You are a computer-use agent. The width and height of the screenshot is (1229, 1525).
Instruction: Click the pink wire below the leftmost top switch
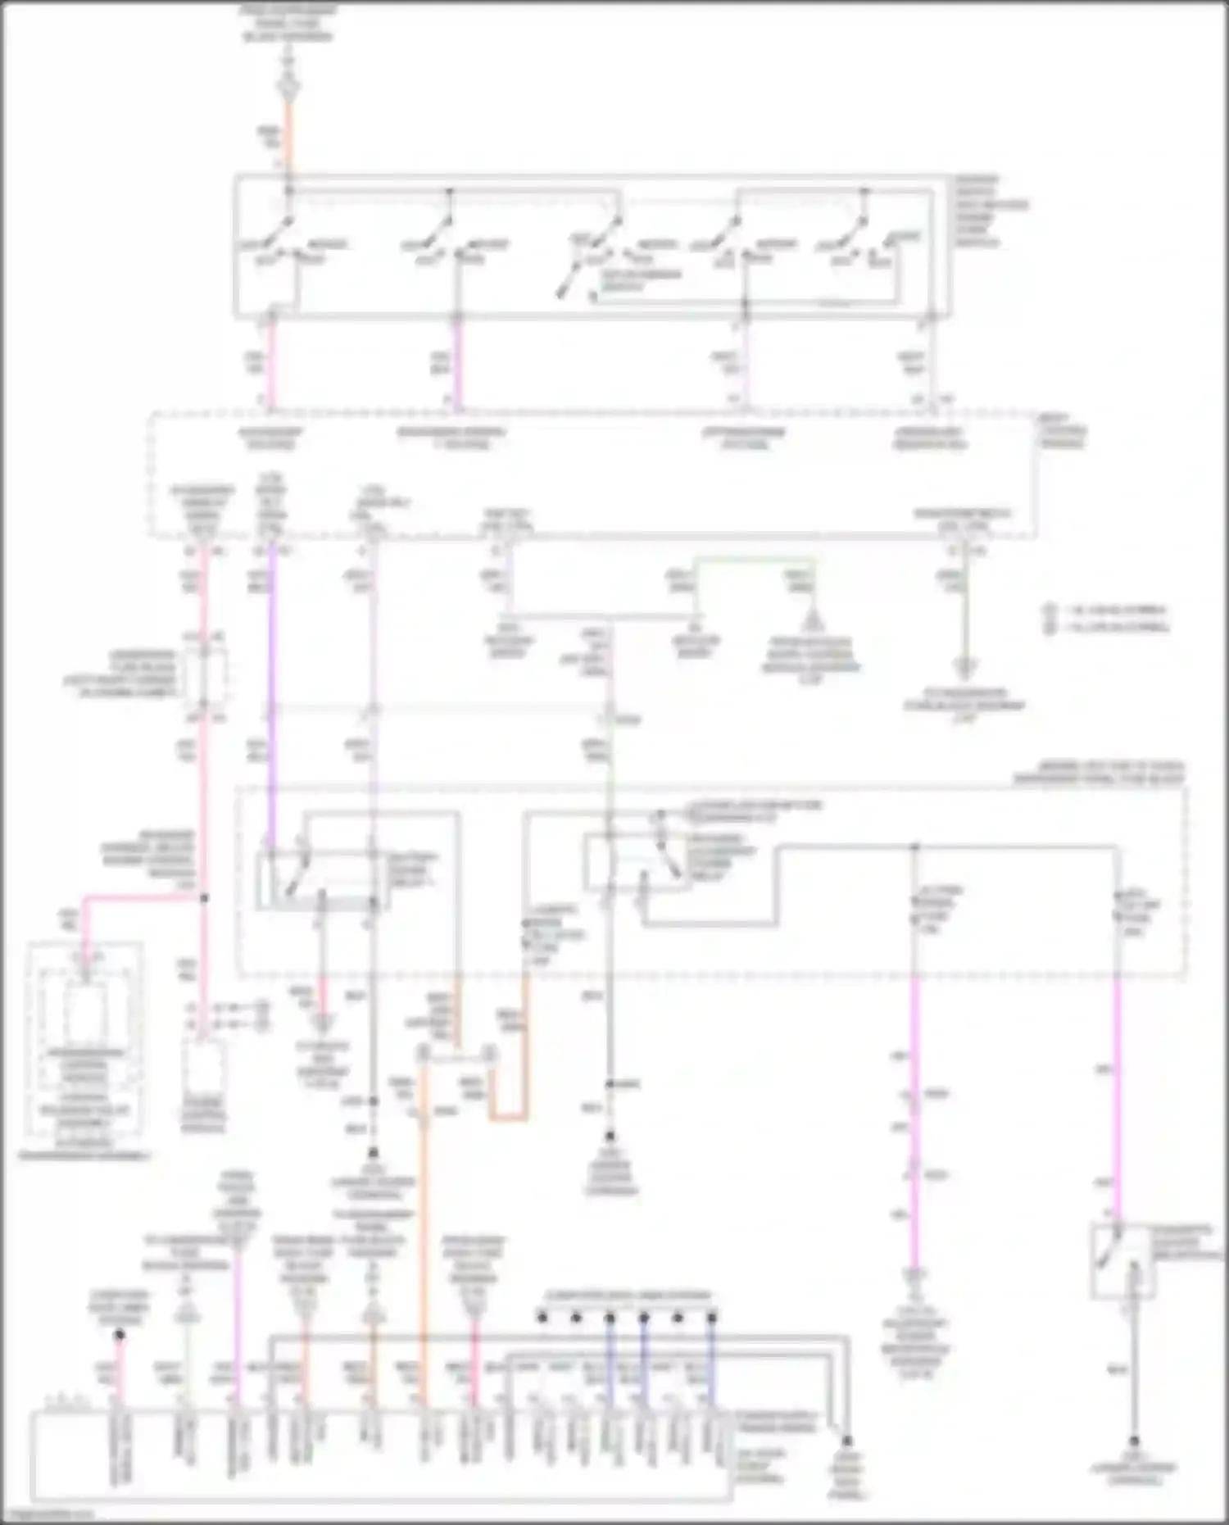270,361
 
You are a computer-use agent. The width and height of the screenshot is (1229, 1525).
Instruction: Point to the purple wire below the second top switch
457,361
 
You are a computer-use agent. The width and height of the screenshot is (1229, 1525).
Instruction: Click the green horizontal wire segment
754,561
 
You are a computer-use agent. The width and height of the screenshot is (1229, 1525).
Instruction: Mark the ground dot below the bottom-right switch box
1135,1441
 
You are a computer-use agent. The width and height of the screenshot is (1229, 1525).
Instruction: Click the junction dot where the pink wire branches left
204,898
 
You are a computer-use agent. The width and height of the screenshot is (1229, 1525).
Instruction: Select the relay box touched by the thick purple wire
320,879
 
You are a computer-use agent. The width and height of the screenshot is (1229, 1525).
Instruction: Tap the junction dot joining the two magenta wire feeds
914,846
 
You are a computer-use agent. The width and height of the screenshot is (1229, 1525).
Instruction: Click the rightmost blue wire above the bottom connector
711,1364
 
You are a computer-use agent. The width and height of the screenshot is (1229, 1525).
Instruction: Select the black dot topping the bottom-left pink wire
120,1335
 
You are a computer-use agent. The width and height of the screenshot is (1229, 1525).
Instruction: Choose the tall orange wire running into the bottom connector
424,1229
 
